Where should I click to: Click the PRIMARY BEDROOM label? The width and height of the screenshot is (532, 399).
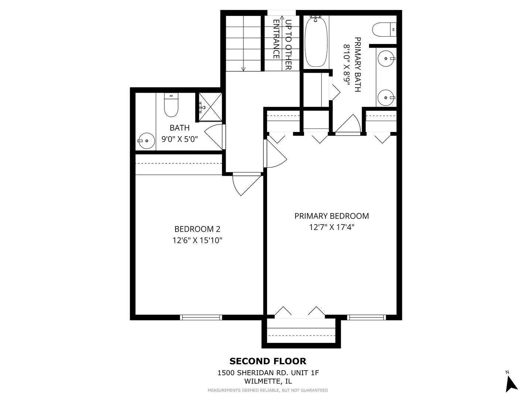(331, 216)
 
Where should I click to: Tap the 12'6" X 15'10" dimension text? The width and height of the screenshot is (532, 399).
(197, 241)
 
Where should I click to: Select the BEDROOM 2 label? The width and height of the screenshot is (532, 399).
(197, 229)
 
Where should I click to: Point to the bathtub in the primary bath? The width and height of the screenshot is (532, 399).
(316, 42)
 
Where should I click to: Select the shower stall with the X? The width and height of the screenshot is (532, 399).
(211, 107)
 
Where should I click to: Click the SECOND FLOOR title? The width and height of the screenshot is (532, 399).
(268, 361)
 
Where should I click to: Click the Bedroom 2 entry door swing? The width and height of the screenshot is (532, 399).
(246, 184)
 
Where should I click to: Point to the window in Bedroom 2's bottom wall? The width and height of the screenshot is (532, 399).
(201, 317)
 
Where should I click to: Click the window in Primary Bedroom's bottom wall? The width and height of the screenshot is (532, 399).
(366, 317)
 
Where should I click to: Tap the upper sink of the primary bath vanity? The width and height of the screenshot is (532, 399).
(386, 58)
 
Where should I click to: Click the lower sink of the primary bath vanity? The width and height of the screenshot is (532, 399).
(386, 98)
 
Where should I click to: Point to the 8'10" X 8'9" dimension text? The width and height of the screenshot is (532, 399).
(347, 65)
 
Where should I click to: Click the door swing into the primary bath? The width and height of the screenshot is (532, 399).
(349, 124)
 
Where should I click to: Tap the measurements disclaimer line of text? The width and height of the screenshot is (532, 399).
(268, 390)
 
